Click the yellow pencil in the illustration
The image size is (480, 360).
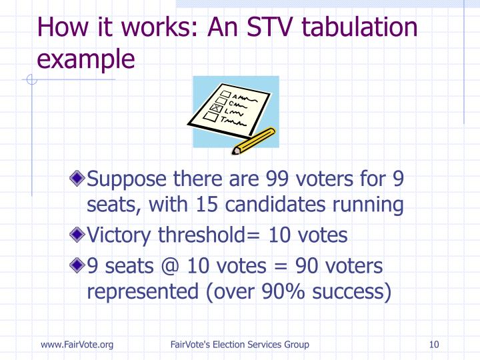pos(256,140)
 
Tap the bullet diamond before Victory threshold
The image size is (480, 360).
pos(79,235)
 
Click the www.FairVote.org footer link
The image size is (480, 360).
pos(77,344)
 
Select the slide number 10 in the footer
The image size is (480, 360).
pos(435,344)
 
